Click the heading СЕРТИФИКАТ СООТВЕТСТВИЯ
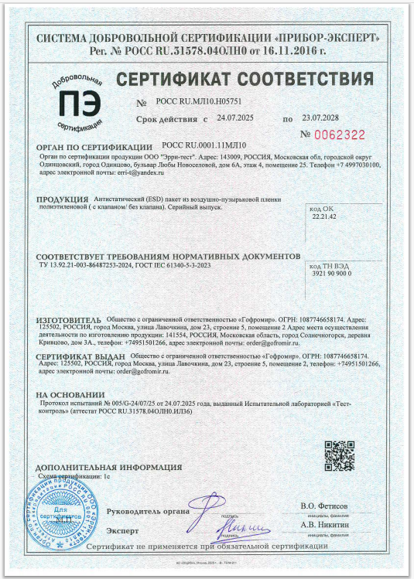[x=239, y=80]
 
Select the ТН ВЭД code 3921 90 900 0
[x=331, y=274]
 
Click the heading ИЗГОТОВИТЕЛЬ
[x=69, y=319]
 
